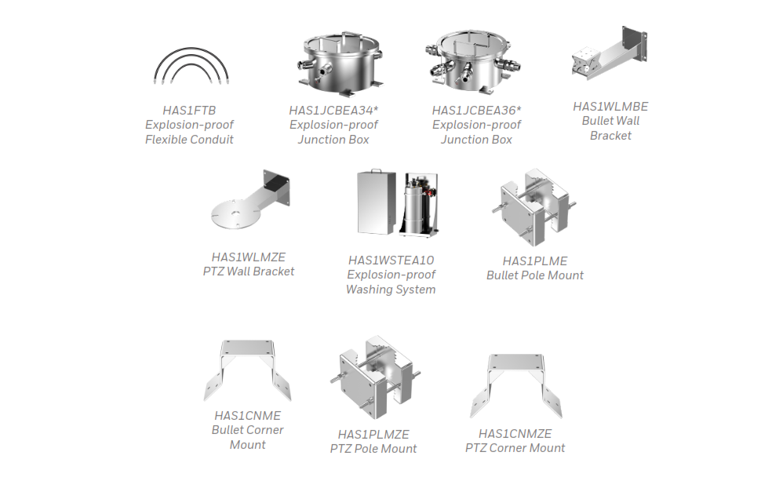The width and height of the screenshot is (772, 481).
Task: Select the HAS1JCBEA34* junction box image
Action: [x=340, y=64]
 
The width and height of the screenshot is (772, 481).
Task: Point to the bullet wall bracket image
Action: [x=610, y=53]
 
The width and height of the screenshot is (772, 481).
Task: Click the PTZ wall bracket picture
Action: [x=250, y=199]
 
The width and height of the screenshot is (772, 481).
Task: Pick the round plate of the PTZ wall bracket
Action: [x=235, y=213]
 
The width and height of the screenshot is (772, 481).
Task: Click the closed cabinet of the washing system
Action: [x=376, y=202]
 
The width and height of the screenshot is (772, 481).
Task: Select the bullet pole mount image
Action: [x=534, y=207]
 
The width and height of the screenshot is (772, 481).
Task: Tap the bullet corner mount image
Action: [x=247, y=370]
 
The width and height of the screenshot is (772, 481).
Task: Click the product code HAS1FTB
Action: [x=189, y=111]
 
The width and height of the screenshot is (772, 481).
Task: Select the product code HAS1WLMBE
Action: [x=610, y=107]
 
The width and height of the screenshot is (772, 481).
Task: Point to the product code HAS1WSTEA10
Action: [x=391, y=260]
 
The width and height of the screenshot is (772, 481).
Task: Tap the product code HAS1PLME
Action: [x=535, y=261]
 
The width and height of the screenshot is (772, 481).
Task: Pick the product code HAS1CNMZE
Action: [x=515, y=434]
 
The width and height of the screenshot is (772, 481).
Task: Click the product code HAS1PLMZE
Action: [x=373, y=435]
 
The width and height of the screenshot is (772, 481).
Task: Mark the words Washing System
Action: [x=391, y=290]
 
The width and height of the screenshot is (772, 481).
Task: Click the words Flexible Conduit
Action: [x=189, y=140]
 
